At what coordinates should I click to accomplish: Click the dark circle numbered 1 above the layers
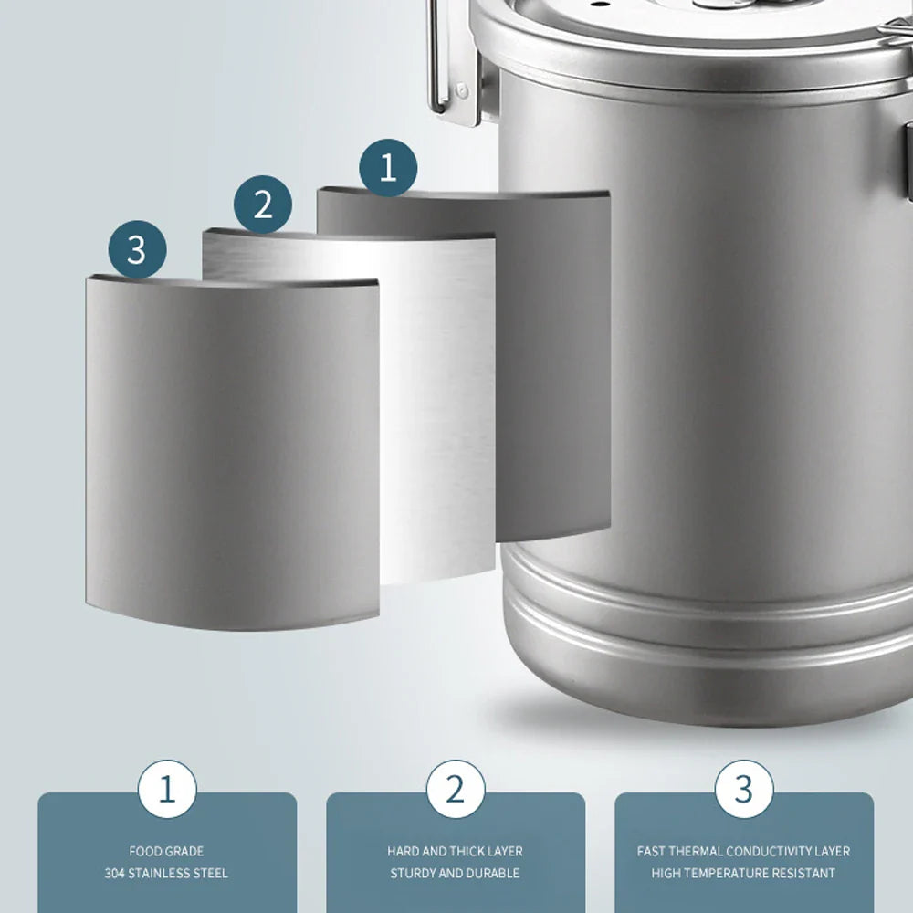click(x=388, y=168)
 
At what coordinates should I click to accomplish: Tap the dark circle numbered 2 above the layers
click(x=263, y=204)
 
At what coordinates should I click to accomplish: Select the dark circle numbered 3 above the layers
click(x=137, y=248)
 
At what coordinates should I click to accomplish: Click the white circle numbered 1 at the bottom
click(x=167, y=789)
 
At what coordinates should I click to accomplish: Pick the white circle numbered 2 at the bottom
click(x=456, y=789)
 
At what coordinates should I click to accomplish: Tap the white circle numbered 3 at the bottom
click(x=744, y=789)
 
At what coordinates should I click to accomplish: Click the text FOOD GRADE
click(x=166, y=851)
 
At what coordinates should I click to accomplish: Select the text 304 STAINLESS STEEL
click(x=166, y=874)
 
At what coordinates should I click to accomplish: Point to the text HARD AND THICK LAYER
click(x=455, y=851)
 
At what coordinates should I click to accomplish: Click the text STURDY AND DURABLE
click(x=455, y=874)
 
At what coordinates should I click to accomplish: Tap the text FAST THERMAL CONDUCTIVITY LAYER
click(x=743, y=851)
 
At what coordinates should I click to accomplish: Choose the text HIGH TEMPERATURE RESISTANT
click(x=743, y=874)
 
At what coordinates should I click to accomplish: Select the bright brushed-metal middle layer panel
click(x=438, y=411)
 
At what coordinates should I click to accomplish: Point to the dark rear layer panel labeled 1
click(x=557, y=365)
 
